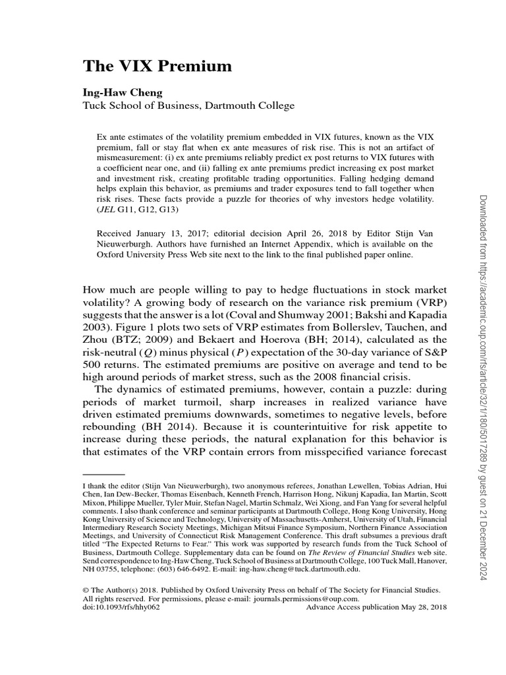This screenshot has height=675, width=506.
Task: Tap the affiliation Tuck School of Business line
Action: [188, 105]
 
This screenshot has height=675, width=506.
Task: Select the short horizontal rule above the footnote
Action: [103, 474]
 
